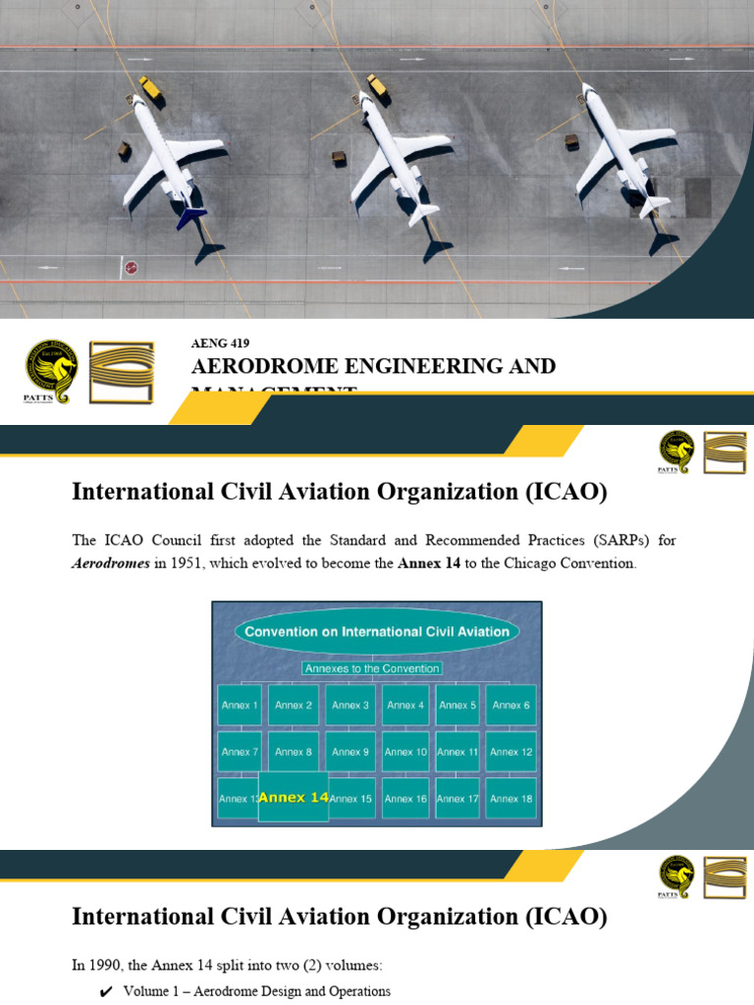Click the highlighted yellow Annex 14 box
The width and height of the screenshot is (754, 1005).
pyautogui.click(x=293, y=797)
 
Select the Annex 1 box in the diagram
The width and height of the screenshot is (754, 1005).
pyautogui.click(x=240, y=705)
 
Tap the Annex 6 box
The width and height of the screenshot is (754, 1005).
pyautogui.click(x=511, y=705)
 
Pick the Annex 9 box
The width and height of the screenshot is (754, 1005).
pyautogui.click(x=350, y=752)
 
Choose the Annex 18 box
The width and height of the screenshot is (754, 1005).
pyautogui.click(x=511, y=798)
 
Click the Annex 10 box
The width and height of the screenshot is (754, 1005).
pyautogui.click(x=405, y=752)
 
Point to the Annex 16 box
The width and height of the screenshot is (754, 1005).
pyautogui.click(x=405, y=798)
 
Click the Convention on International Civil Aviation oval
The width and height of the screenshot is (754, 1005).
pyautogui.click(x=377, y=631)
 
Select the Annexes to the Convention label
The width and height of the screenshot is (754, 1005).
pyautogui.click(x=371, y=668)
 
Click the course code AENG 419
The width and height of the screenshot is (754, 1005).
pyautogui.click(x=220, y=344)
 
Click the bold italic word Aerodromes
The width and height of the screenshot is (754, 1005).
pyautogui.click(x=111, y=563)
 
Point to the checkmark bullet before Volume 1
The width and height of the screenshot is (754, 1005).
pyautogui.click(x=106, y=992)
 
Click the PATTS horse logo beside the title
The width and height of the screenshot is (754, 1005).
pyautogui.click(x=51, y=371)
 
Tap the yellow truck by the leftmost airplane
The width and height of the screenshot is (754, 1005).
pyautogui.click(x=149, y=88)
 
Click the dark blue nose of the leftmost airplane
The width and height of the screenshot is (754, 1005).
pyautogui.click(x=188, y=215)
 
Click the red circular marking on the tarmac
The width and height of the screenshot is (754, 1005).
pyautogui.click(x=131, y=267)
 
